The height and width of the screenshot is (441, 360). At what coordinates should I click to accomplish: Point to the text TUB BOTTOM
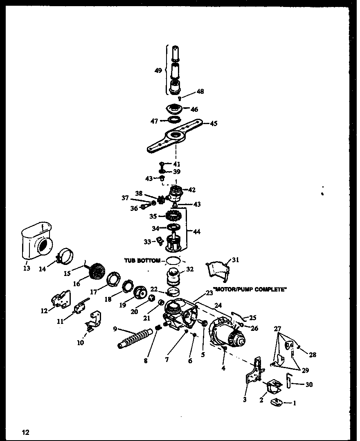[x=142, y=260]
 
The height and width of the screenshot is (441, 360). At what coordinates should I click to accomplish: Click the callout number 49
[x=158, y=70]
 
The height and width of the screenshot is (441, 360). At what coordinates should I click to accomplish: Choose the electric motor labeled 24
[x=226, y=335]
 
